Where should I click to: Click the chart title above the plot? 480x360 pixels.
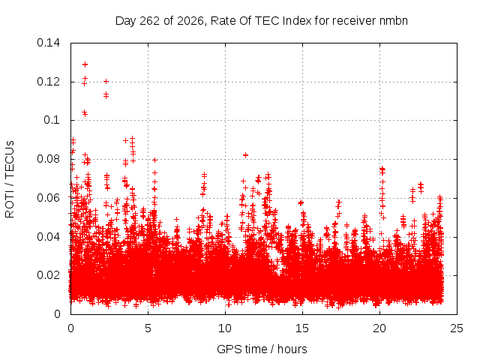(262, 21)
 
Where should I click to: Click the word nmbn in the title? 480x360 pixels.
(393, 21)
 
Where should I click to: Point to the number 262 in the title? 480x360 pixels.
(150, 21)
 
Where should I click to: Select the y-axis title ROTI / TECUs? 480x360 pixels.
(10, 179)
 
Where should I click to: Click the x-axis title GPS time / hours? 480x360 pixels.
(262, 349)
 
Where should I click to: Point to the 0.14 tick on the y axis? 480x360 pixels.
(48, 43)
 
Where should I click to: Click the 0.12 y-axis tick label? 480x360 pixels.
(48, 82)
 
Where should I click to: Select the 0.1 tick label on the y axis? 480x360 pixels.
(52, 120)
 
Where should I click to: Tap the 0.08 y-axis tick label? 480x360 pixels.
(48, 159)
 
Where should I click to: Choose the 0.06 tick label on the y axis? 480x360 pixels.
(48, 198)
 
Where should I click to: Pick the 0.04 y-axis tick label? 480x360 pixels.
(48, 237)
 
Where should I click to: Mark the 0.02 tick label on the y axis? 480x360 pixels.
(48, 275)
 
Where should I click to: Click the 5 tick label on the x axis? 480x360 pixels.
(148, 328)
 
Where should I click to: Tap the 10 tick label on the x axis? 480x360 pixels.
(225, 328)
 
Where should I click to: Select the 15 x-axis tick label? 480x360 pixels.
(302, 328)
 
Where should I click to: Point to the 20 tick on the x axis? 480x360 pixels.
(379, 328)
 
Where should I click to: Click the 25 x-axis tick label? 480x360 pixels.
(457, 328)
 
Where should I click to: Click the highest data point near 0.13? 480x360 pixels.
(85, 64)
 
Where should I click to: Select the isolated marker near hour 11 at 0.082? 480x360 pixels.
(245, 155)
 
